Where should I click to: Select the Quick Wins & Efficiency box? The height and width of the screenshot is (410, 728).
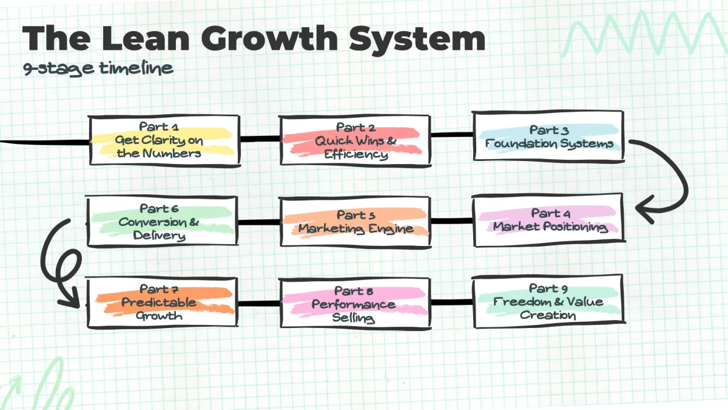click(x=356, y=141)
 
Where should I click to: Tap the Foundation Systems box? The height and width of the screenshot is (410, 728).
click(x=548, y=137)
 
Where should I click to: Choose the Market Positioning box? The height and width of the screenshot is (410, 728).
click(x=548, y=220)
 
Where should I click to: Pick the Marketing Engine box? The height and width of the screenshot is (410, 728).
click(x=356, y=222)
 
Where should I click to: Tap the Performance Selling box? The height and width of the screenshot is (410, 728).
click(x=356, y=304)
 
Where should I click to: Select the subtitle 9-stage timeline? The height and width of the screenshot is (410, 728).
click(x=98, y=68)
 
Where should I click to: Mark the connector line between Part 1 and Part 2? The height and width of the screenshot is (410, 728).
click(x=259, y=139)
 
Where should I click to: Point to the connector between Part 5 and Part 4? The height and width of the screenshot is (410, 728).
click(x=451, y=221)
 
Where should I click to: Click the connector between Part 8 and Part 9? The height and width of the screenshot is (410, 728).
click(x=451, y=301)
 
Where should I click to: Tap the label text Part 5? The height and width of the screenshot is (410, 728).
click(x=356, y=215)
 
